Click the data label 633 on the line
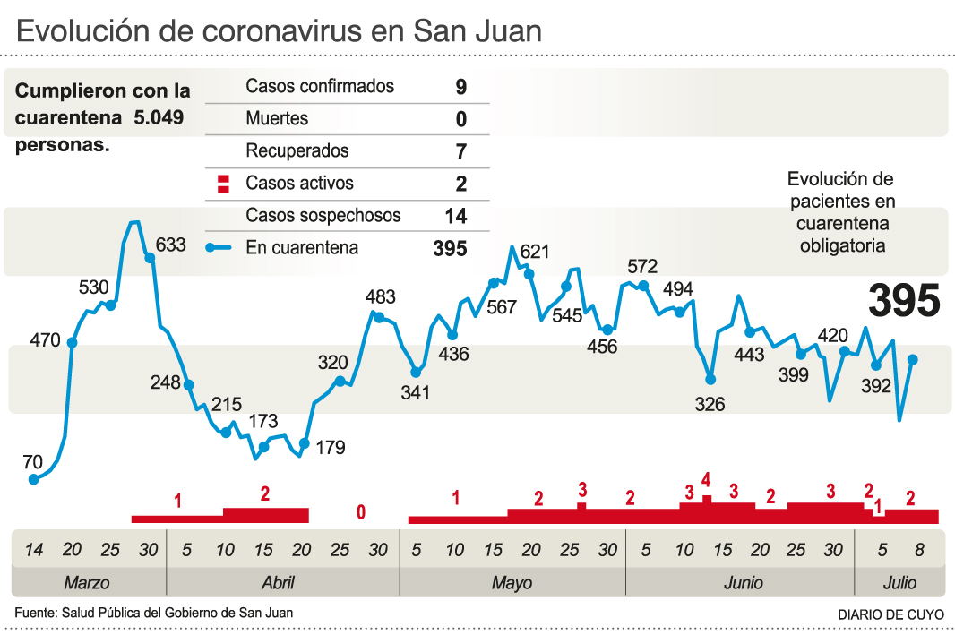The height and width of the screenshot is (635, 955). point(170,245)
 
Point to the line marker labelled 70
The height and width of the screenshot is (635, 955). point(34,479)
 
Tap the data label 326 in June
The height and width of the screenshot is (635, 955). point(710,405)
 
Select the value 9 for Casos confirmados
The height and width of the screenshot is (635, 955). point(461,87)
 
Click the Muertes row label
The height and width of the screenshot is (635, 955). point(277,118)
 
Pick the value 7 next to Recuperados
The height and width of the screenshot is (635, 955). point(461,151)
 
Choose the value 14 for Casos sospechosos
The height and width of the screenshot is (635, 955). point(455,216)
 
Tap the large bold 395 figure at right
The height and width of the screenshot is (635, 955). point(904,301)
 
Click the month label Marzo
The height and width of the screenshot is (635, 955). point(87,583)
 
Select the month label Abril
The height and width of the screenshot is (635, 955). point(278,583)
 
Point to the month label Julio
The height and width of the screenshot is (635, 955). point(899,583)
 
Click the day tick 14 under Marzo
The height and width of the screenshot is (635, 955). point(33,550)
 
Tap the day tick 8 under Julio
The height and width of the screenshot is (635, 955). point(920,550)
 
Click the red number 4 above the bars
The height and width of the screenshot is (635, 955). point(706,479)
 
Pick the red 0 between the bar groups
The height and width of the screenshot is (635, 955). point(361,512)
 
